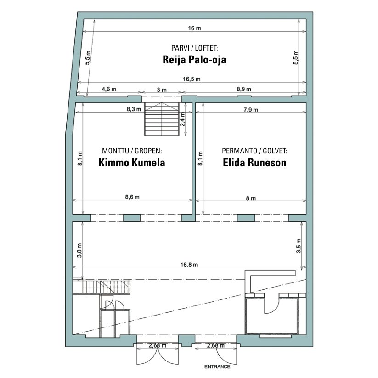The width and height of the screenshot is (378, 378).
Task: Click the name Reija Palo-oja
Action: tap(194, 60)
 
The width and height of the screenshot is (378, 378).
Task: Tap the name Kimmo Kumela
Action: tap(132, 163)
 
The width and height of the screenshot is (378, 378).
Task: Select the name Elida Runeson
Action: tap(254, 163)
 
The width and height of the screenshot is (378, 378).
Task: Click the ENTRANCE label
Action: tap(217, 367)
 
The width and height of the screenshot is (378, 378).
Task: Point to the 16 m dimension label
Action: tap(194, 28)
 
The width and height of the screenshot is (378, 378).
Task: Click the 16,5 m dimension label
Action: tap(192, 79)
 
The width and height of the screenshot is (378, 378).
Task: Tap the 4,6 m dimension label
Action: tap(109, 89)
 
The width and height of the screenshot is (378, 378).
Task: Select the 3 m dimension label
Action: tap(162, 90)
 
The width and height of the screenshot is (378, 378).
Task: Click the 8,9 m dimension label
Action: tap(243, 89)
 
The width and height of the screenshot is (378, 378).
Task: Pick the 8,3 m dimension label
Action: tap(134, 109)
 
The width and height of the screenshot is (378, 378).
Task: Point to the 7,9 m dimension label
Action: tap(250, 110)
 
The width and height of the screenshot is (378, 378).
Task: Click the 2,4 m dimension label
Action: tap(182, 119)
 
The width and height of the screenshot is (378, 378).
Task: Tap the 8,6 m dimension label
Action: tap(132, 197)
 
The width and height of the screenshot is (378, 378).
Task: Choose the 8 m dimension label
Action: tap(251, 198)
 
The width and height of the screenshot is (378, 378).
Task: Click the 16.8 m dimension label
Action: tap(189, 265)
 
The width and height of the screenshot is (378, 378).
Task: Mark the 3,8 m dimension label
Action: tap(79, 250)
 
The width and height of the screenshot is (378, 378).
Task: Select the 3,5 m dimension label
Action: tap(299, 246)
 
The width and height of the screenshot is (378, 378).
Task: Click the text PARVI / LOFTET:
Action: tap(194, 48)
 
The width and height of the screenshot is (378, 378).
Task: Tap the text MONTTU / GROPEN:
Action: tap(132, 151)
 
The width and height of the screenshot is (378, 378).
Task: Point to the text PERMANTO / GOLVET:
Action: tap(254, 151)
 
